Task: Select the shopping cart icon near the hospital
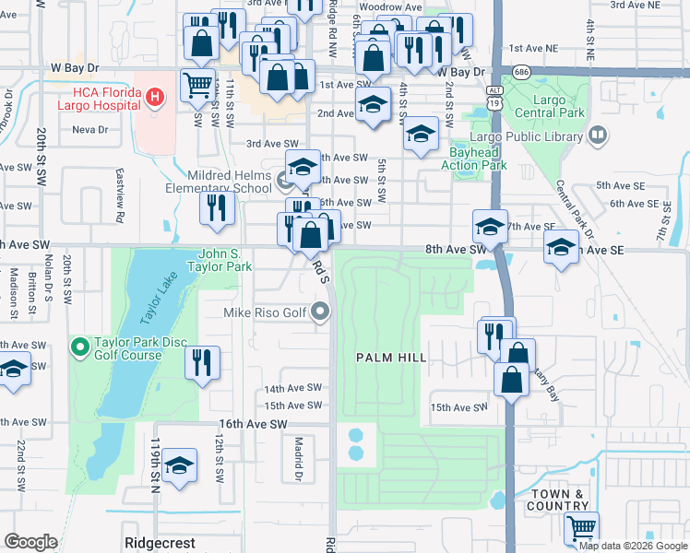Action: (x=196, y=87)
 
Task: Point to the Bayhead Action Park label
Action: (x=478, y=159)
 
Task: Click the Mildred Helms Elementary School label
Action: (x=229, y=182)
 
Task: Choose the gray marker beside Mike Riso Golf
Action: (x=320, y=312)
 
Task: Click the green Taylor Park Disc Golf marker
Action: (x=79, y=347)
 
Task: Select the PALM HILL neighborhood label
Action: (x=391, y=357)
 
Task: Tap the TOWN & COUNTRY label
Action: (x=557, y=500)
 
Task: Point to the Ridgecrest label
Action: (x=159, y=543)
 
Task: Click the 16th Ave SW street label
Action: (x=253, y=423)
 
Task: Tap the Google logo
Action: (x=30, y=542)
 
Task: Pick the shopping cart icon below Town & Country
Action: (x=581, y=528)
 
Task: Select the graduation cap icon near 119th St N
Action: (x=180, y=466)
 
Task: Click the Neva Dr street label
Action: (x=89, y=130)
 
